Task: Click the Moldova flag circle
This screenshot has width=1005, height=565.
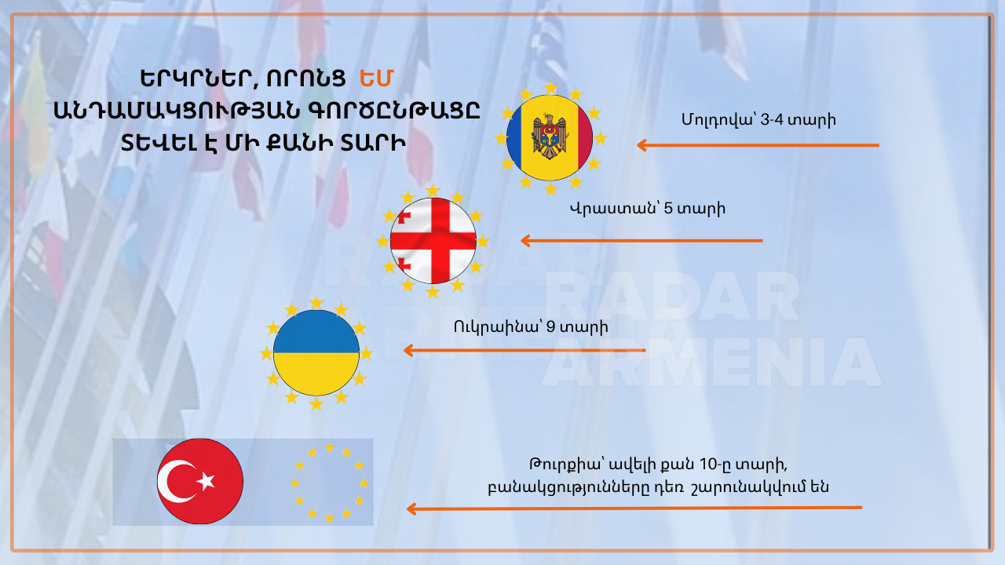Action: [x=550, y=137]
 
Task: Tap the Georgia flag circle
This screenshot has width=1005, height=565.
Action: [x=433, y=241]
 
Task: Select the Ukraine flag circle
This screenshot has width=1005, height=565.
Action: [x=316, y=353]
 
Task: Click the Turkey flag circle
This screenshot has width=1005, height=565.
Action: [x=200, y=481]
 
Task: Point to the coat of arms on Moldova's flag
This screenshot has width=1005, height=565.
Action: [x=550, y=137]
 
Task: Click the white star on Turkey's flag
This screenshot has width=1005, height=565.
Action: [x=206, y=481]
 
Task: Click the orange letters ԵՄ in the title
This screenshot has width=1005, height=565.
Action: [x=376, y=78]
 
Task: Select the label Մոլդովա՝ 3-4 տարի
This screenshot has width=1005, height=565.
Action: [x=758, y=120]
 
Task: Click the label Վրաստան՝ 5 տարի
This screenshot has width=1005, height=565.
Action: [x=647, y=209]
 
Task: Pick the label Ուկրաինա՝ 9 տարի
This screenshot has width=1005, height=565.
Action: [x=531, y=327]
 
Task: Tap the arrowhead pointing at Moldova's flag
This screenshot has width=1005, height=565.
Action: [x=641, y=145]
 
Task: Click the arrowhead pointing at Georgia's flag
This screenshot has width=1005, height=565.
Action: [x=525, y=241]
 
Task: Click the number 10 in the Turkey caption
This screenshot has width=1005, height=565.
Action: [x=709, y=465]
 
